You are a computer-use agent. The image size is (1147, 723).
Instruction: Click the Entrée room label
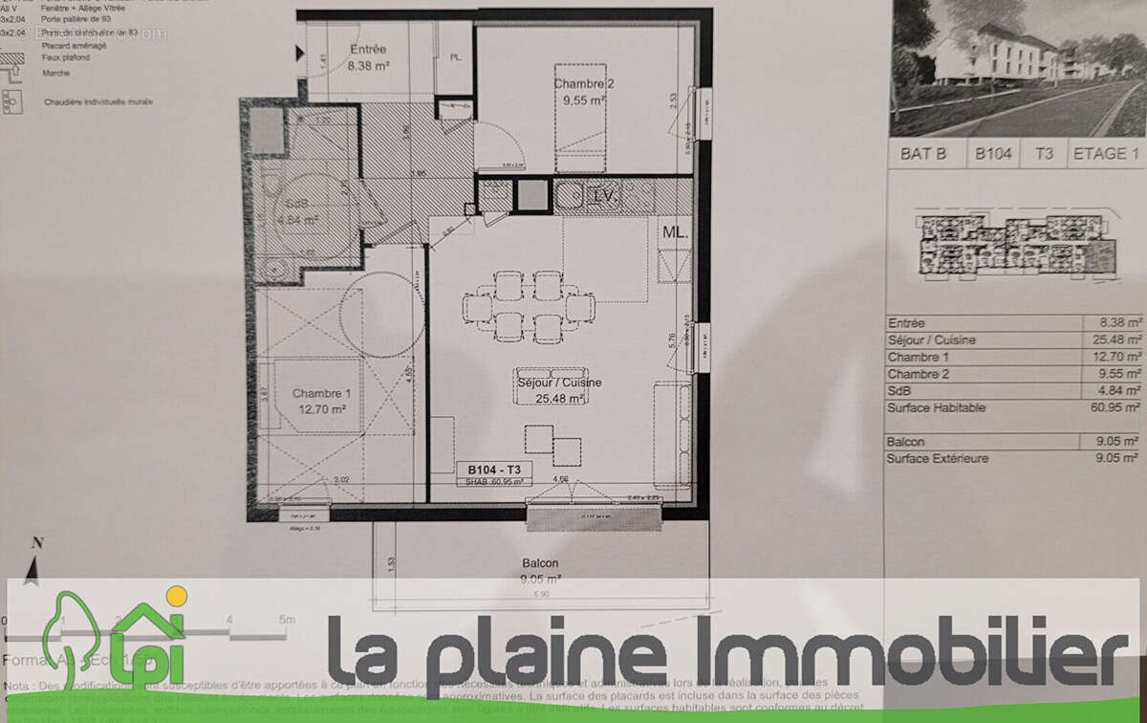click(x=368, y=50)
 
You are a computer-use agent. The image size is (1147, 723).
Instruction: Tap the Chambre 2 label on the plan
click(x=583, y=84)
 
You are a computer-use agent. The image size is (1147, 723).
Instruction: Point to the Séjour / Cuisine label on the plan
click(x=559, y=383)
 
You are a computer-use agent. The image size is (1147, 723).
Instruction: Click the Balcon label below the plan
click(x=540, y=563)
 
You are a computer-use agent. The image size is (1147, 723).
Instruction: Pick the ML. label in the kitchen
click(x=675, y=232)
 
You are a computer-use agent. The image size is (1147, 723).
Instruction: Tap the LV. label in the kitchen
click(x=603, y=196)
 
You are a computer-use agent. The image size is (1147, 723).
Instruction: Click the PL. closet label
click(x=456, y=57)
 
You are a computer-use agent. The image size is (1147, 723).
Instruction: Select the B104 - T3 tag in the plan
click(x=494, y=470)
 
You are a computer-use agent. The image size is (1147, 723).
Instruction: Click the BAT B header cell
click(x=924, y=154)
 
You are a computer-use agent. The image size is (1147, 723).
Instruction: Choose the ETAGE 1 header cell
click(x=1106, y=154)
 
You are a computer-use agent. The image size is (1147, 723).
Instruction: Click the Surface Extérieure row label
click(x=938, y=459)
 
